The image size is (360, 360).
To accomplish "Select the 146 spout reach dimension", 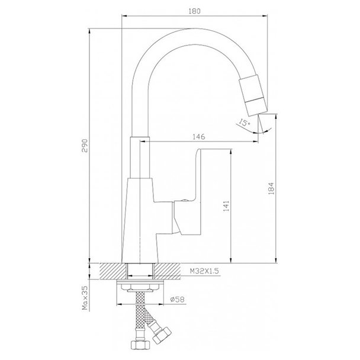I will [199, 136].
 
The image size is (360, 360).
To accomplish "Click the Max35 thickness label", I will [85, 300].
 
